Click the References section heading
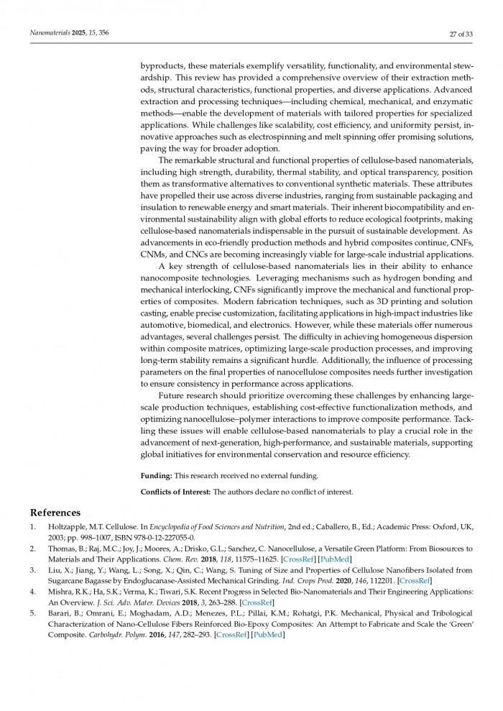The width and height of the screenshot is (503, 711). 55,513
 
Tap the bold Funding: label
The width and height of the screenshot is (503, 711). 156,476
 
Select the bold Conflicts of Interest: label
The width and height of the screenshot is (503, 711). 176,492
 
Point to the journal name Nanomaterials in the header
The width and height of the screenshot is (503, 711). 50,33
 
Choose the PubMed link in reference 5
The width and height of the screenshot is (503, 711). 269,635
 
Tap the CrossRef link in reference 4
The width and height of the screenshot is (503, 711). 257,602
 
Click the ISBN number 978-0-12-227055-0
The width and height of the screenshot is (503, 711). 152,537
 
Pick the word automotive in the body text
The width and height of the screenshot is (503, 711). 162,325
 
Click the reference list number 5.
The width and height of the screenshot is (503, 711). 32,613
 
